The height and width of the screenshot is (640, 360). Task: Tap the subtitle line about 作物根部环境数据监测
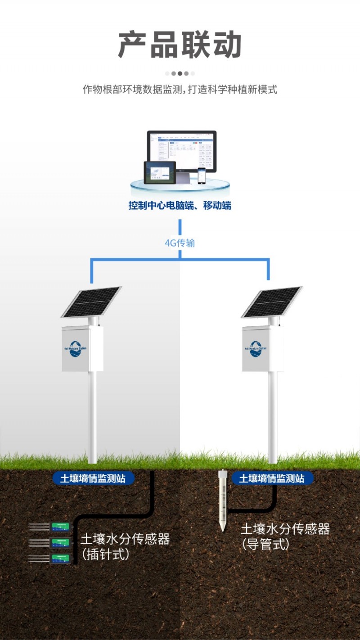[180, 89]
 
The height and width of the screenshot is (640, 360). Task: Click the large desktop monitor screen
[182, 151]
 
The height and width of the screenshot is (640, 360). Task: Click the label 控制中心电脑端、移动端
[180, 206]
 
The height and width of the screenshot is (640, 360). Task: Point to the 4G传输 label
[180, 243]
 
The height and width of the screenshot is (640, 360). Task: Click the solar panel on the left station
[91, 301]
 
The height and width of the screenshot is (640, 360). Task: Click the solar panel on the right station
[272, 301]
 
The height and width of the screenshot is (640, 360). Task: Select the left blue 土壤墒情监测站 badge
[93, 478]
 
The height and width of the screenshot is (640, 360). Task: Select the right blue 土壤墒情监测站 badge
[272, 478]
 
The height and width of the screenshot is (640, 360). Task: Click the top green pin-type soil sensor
[60, 525]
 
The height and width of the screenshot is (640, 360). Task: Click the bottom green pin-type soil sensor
[60, 558]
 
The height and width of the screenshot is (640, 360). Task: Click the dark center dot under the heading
[180, 73]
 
